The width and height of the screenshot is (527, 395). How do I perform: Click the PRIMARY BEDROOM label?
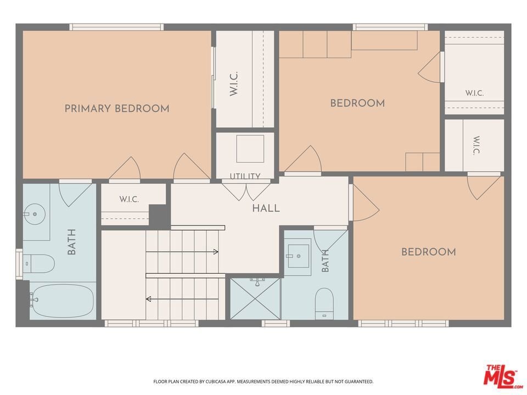coord(117,109)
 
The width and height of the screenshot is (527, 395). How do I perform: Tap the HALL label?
coord(266,208)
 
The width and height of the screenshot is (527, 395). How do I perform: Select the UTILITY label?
coord(245,176)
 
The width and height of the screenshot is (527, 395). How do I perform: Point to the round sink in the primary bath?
coord(34,214)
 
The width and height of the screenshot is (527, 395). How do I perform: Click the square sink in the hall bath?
coord(299,256)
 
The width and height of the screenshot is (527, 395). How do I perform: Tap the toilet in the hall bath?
coord(324,303)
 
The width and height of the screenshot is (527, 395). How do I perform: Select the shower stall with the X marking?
coord(255,298)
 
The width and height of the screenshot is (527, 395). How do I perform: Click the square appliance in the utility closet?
coord(250,149)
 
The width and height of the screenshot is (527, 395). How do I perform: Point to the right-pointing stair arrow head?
coord(216,252)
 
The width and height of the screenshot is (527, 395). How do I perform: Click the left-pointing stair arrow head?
coord(148,299)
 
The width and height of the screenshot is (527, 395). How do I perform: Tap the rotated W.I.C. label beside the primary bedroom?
coord(234,83)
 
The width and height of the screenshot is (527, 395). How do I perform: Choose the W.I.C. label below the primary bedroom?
coord(129,199)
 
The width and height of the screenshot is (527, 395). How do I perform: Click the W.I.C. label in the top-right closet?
coord(474,93)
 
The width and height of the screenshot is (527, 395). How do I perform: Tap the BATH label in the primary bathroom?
coord(71,242)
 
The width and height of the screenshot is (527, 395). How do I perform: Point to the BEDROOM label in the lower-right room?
coord(429,252)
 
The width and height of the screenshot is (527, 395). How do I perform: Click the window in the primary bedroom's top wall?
coord(116,27)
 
